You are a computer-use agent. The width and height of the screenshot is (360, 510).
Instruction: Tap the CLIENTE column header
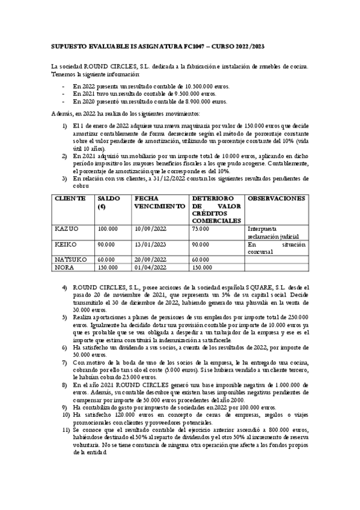tap(70, 198)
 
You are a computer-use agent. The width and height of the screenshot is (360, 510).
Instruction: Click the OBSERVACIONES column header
tap(276, 198)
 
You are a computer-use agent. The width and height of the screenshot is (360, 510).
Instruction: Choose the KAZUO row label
tap(67, 229)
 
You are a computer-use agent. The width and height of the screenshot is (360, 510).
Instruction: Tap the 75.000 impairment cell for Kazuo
tap(201, 229)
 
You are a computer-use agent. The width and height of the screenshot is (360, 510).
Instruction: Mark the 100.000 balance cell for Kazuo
tap(108, 229)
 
